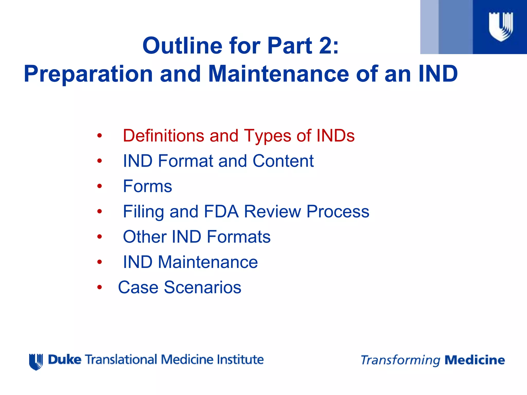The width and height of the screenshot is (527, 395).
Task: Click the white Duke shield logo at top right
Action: pyautogui.click(x=500, y=27)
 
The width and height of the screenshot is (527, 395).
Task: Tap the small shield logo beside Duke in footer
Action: pyautogui.click(x=36, y=362)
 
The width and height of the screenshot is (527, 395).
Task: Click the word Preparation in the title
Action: pyautogui.click(x=88, y=74)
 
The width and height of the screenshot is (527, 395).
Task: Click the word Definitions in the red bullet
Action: pyautogui.click(x=163, y=136)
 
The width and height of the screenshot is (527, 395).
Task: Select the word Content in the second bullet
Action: pyautogui.click(x=283, y=161)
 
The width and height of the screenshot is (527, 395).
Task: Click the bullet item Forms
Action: pyautogui.click(x=147, y=186)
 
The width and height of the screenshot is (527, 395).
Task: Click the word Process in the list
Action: pyautogui.click(x=338, y=211)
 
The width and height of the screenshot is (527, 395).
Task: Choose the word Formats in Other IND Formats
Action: pyautogui.click(x=239, y=237)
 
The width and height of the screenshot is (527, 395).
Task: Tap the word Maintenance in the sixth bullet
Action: pyautogui.click(x=208, y=262)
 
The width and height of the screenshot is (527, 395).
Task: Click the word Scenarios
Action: pyautogui.click(x=203, y=287)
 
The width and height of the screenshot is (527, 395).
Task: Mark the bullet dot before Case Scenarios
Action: pyautogui.click(x=100, y=287)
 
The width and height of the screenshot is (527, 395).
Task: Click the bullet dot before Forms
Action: pyautogui.click(x=100, y=186)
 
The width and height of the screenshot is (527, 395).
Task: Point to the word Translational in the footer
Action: pyautogui.click(x=121, y=360)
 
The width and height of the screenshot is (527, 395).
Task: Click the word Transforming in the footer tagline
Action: pyautogui.click(x=400, y=360)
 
